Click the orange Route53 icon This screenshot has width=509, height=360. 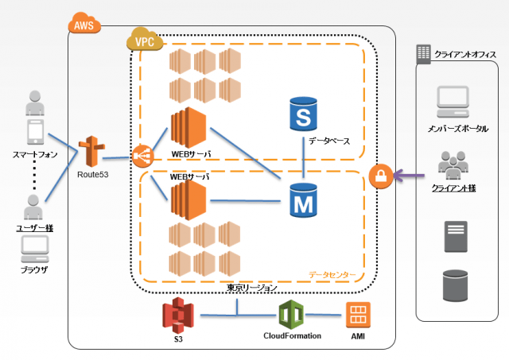[92, 153]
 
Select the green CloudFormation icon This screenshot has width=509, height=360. [292, 316]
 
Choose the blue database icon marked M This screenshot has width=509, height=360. [302, 199]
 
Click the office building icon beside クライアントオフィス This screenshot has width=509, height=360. [423, 53]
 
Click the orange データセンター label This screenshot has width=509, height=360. [332, 275]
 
